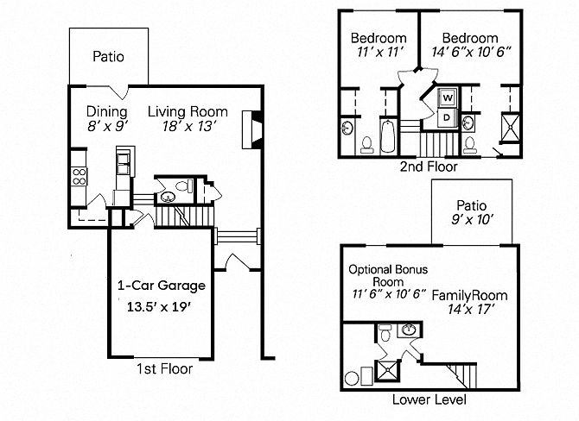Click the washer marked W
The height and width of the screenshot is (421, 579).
[449, 97]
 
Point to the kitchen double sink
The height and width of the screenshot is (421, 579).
[124, 160]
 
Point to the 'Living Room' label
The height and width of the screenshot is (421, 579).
[188, 111]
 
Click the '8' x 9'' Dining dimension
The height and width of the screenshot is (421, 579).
[108, 127]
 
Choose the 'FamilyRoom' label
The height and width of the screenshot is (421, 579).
[469, 296]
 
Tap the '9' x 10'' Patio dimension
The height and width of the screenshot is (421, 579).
[472, 221]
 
